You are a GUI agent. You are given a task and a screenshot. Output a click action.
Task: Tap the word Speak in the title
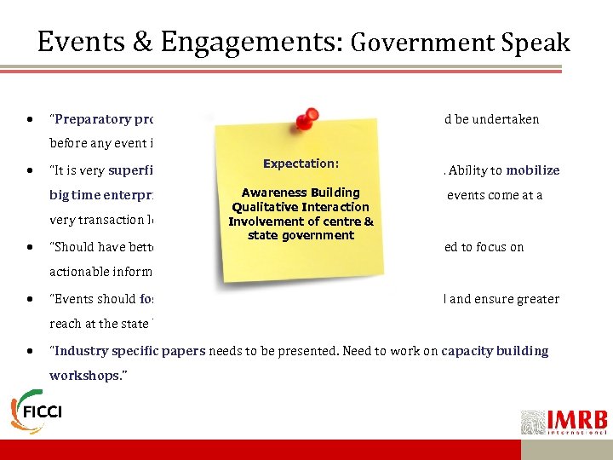[x=531, y=43]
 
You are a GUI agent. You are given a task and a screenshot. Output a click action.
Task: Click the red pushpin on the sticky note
[x=307, y=119]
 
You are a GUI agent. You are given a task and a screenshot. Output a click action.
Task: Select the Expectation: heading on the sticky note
[x=301, y=163]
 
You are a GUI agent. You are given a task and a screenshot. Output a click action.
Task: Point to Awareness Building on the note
[x=301, y=193]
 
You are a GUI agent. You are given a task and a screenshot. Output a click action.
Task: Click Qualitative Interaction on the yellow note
[x=301, y=207]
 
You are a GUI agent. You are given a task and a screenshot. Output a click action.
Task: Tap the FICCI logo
[x=37, y=411]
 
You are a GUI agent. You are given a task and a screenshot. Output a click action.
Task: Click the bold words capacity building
[x=495, y=351]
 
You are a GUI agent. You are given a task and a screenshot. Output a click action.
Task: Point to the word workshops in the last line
[x=84, y=375]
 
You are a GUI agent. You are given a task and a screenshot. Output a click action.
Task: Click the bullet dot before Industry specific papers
[x=31, y=351]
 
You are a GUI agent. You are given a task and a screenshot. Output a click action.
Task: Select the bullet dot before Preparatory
[x=31, y=120]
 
